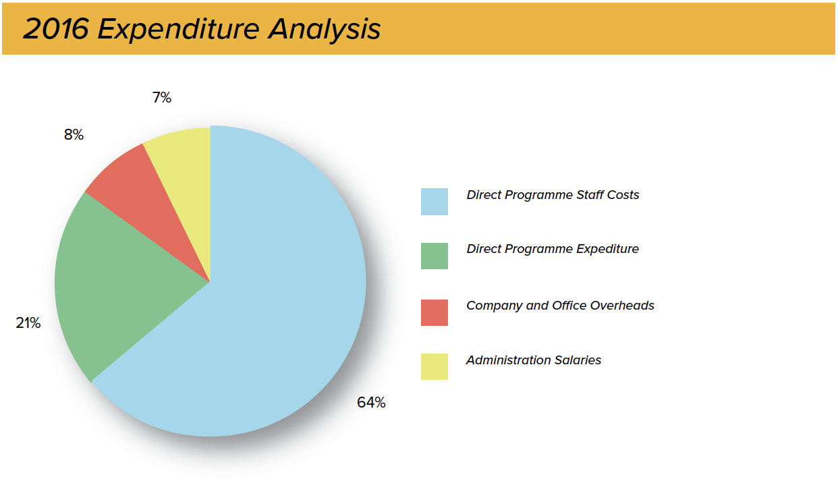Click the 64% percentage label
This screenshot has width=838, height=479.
[371, 403]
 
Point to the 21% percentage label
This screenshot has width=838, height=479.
[28, 323]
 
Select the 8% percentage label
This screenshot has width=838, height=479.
[74, 135]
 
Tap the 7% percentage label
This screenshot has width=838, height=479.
[162, 98]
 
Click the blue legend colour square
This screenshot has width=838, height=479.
[435, 202]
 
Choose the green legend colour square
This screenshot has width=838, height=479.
[435, 256]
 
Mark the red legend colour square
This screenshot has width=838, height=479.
[435, 312]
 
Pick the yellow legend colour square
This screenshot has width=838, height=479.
[435, 367]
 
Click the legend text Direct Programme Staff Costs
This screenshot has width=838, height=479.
[553, 195]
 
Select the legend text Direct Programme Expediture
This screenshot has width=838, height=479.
[553, 250]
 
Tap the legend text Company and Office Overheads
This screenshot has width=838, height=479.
[560, 306]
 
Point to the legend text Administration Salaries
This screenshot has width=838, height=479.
[534, 360]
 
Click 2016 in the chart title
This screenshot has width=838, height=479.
[56, 29]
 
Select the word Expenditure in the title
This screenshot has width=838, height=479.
[178, 30]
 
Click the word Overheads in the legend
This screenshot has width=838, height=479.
[622, 306]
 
